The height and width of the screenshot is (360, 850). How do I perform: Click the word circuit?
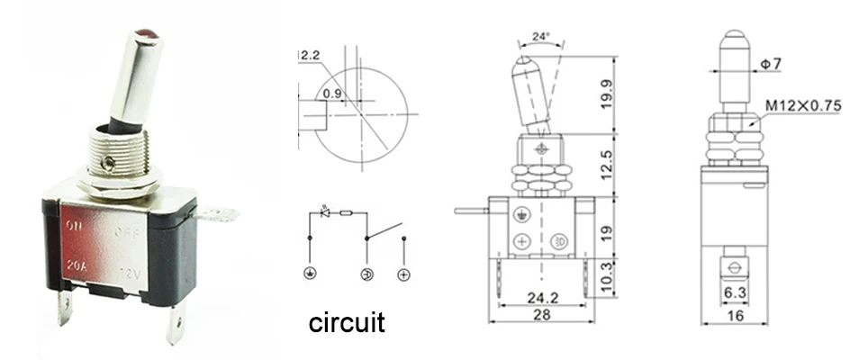click(347, 322)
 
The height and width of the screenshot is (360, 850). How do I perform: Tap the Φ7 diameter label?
click(777, 64)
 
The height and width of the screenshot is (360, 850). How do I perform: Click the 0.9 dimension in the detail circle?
click(331, 93)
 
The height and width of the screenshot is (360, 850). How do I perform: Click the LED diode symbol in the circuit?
click(325, 212)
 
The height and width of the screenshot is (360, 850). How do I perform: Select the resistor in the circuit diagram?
click(347, 213)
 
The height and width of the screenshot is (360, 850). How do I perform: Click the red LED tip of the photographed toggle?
click(145, 37)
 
